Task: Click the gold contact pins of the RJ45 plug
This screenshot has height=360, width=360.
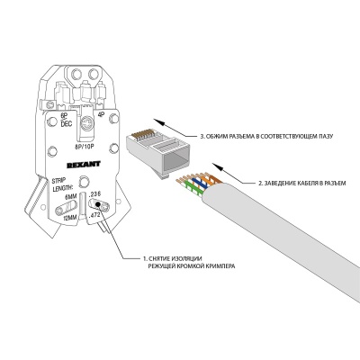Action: [x=141, y=137]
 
